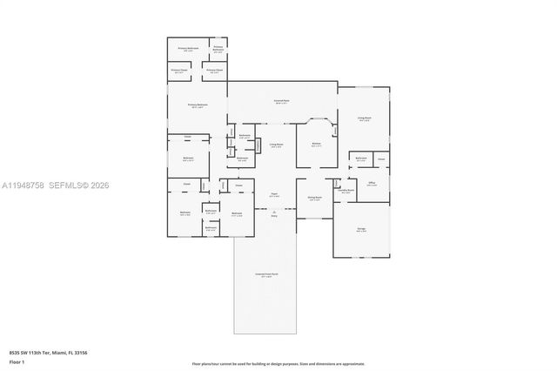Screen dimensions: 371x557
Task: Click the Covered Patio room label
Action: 282,103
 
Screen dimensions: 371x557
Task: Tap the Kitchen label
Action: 316,145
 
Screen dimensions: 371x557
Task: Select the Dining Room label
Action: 314,199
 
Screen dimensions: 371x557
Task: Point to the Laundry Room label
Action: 346,191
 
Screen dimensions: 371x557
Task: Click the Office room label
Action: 372,184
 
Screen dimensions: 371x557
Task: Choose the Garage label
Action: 361,230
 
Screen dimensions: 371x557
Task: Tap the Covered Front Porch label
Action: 265,275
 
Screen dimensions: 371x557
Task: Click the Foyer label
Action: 273,195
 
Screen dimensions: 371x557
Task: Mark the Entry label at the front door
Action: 273,214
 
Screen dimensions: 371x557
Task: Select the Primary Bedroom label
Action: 198,105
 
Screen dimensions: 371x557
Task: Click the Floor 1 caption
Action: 17,362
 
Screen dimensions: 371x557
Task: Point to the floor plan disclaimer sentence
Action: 278,363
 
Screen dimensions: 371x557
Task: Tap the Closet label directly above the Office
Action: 381,159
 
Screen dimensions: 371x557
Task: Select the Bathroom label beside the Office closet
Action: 360,159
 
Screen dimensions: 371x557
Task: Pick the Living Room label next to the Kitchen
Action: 275,145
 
